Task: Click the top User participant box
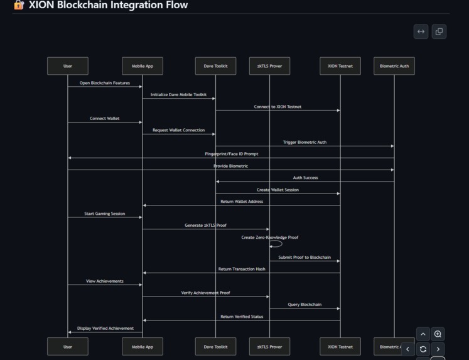[x=68, y=66]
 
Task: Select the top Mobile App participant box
[x=143, y=66]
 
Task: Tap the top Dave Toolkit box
[x=215, y=66]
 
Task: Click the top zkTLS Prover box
[x=269, y=66]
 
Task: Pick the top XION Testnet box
[x=340, y=66]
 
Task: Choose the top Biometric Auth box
[x=394, y=66]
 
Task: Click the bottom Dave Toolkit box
[x=215, y=346]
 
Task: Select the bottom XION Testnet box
[x=340, y=346]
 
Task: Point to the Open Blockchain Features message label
[x=105, y=83]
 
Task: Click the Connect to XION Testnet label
[x=278, y=107]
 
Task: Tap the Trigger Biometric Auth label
[x=305, y=143]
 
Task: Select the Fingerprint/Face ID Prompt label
[x=231, y=154]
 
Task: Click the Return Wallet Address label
[x=242, y=202]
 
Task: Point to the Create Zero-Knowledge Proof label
[x=270, y=237]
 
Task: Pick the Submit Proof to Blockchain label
[x=305, y=258]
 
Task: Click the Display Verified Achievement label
[x=105, y=328]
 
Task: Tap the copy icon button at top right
[x=439, y=31]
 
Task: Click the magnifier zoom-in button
[x=438, y=334]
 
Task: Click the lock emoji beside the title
[x=19, y=5]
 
